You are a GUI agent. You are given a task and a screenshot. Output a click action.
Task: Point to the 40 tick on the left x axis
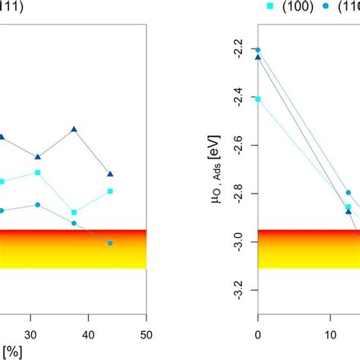(x=88, y=335)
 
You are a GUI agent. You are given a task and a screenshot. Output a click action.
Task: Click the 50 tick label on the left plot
(x=147, y=335)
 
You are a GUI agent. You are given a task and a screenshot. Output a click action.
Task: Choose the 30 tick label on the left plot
(x=30, y=335)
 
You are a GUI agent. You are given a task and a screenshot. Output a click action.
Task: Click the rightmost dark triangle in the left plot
(x=110, y=174)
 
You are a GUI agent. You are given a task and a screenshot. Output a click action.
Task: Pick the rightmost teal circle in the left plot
(x=110, y=243)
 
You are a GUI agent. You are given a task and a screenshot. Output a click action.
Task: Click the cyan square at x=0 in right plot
(x=257, y=99)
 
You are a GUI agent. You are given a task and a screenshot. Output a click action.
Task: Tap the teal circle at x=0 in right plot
(x=257, y=49)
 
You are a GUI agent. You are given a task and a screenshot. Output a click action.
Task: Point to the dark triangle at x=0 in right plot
(x=257, y=57)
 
